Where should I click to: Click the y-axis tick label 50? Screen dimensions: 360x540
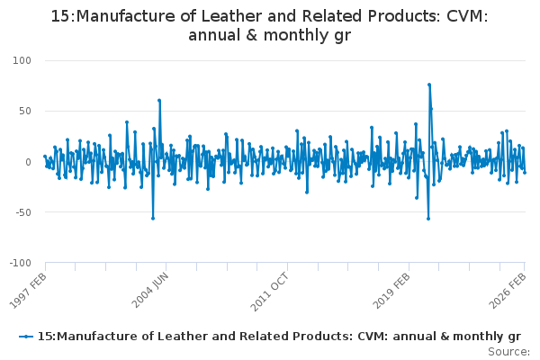tap(23, 111)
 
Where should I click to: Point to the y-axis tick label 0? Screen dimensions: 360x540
tap(27, 162)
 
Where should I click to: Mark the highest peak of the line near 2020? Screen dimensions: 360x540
tap(429, 85)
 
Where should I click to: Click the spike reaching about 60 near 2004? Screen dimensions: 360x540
tap(159, 101)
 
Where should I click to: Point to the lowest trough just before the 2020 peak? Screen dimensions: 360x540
tap(428, 219)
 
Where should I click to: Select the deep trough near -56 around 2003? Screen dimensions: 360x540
tap(153, 218)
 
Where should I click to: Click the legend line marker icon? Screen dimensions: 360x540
tap(26, 336)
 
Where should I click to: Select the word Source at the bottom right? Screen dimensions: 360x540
tap(507, 351)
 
